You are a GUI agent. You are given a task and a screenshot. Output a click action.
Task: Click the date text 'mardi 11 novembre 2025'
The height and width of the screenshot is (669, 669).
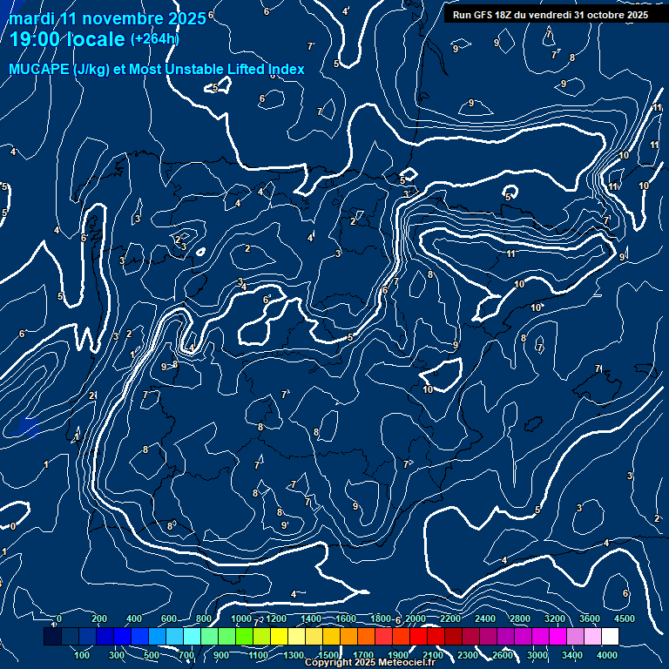tap(107, 17)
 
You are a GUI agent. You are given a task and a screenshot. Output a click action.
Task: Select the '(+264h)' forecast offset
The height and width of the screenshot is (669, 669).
tap(154, 39)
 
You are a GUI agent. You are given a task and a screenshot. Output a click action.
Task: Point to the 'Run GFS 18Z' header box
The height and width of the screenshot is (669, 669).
tap(550, 14)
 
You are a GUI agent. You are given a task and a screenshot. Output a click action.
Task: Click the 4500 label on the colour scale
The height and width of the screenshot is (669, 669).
tap(624, 618)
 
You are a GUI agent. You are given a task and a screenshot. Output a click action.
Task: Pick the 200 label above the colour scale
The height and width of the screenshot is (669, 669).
tap(98, 618)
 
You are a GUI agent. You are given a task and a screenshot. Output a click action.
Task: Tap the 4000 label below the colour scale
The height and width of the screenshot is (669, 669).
tap(607, 655)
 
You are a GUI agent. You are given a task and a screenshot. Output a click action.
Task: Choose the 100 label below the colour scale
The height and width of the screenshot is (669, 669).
tap(82, 655)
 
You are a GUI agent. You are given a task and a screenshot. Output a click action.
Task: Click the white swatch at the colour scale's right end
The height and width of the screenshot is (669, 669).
tap(610, 637)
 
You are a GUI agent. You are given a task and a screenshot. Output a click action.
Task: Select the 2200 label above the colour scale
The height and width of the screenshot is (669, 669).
tap(449, 618)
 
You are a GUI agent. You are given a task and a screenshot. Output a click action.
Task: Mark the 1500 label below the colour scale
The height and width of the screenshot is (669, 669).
tap(328, 655)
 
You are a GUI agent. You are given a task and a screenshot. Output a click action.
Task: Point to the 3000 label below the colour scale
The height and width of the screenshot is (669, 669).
tap(537, 655)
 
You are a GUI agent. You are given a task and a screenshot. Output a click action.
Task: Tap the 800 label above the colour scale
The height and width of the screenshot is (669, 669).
tap(204, 618)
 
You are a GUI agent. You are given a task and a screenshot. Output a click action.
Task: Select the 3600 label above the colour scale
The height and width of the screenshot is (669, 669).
tap(590, 618)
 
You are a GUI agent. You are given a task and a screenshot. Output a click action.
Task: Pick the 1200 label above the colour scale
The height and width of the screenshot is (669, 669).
tap(275, 618)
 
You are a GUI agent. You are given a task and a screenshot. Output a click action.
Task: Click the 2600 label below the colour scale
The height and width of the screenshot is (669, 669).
tap(503, 655)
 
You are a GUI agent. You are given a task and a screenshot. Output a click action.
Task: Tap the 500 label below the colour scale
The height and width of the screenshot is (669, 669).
tap(152, 655)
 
